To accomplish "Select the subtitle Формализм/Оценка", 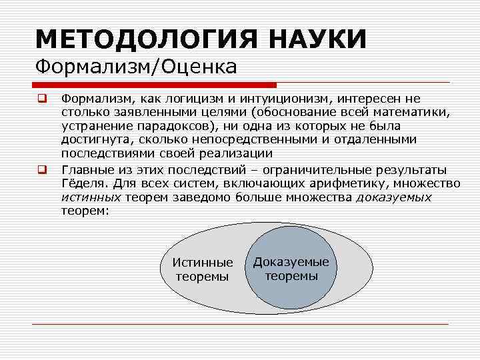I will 135,67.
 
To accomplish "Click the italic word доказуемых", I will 394,197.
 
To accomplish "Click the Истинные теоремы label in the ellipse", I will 203,269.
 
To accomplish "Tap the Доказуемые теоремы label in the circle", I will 291,269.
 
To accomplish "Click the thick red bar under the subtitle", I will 154,85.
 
